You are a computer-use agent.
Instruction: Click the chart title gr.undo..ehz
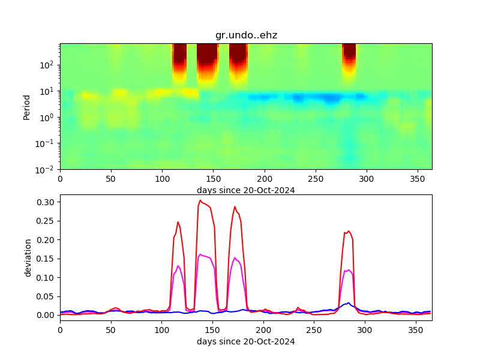pyautogui.click(x=246, y=35)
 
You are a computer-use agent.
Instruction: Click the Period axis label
pyautogui.click(x=27, y=107)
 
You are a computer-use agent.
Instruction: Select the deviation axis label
pyautogui.click(x=27, y=257)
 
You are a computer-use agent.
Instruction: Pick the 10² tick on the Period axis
pyautogui.click(x=48, y=65)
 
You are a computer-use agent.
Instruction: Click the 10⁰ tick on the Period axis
pyautogui.click(x=48, y=117)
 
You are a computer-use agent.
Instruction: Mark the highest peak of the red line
pyautogui.click(x=200, y=200)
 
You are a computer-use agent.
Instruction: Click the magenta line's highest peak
pyautogui.click(x=200, y=254)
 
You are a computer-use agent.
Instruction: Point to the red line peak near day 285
pyautogui.click(x=349, y=231)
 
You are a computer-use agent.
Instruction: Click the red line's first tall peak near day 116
pyautogui.click(x=178, y=222)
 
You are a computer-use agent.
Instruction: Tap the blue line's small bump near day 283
pyautogui.click(x=349, y=303)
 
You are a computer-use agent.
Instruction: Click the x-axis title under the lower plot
pyautogui.click(x=246, y=342)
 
